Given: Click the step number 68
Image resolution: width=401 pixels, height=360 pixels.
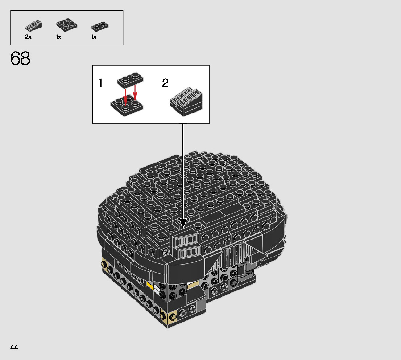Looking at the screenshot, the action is point(20,58).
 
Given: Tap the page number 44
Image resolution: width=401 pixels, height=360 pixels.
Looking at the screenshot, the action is point(14,348).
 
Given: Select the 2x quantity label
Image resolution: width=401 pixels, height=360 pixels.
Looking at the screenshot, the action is point(28,37).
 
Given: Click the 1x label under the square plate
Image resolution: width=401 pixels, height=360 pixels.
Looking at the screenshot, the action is point(59,37).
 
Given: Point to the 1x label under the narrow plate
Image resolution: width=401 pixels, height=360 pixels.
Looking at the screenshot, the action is point(94,37).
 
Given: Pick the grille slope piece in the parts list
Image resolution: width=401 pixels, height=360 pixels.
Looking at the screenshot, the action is point(33,25).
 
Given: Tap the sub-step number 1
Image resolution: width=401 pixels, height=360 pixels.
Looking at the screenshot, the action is point(100,83).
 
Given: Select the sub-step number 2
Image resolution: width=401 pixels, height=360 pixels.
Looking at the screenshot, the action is point(165,83).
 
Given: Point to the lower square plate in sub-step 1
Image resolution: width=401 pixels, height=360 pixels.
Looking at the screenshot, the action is point(127,105).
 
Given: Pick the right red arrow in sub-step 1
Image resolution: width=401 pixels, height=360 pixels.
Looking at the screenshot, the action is point(135,93).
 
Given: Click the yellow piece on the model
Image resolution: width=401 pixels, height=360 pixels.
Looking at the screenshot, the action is point(150,286).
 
